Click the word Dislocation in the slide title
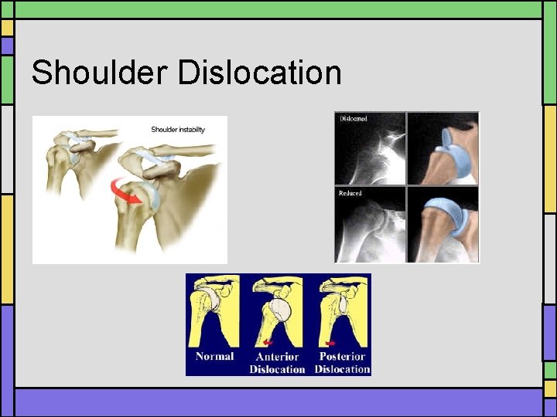(x=259, y=73)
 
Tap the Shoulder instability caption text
(x=177, y=129)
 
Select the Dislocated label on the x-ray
(x=351, y=118)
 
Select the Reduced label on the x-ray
(x=350, y=193)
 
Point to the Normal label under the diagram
(x=214, y=356)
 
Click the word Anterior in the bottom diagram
(x=277, y=357)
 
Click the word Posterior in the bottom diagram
(x=342, y=357)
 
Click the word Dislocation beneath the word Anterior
(x=277, y=369)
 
